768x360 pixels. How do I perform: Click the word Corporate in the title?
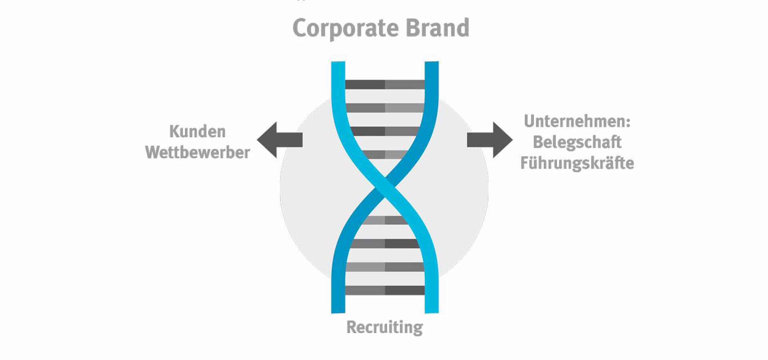[x=346, y=28]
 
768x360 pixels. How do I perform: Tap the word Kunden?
[x=198, y=132]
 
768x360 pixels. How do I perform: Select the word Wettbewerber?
[x=198, y=152]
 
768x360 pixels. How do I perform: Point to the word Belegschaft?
[x=577, y=142]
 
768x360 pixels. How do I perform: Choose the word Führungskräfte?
[x=577, y=163]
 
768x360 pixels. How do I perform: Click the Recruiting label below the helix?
[x=384, y=327]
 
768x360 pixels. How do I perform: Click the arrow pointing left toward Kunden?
[x=279, y=140]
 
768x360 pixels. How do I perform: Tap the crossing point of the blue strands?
[x=385, y=187]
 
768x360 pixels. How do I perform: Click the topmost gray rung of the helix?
[x=385, y=84]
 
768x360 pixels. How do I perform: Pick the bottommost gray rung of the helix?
[x=385, y=290]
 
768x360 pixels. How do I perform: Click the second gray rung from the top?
[x=385, y=108]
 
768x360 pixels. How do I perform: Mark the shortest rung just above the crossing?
[x=385, y=154]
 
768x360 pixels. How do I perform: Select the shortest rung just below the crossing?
[x=385, y=220]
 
